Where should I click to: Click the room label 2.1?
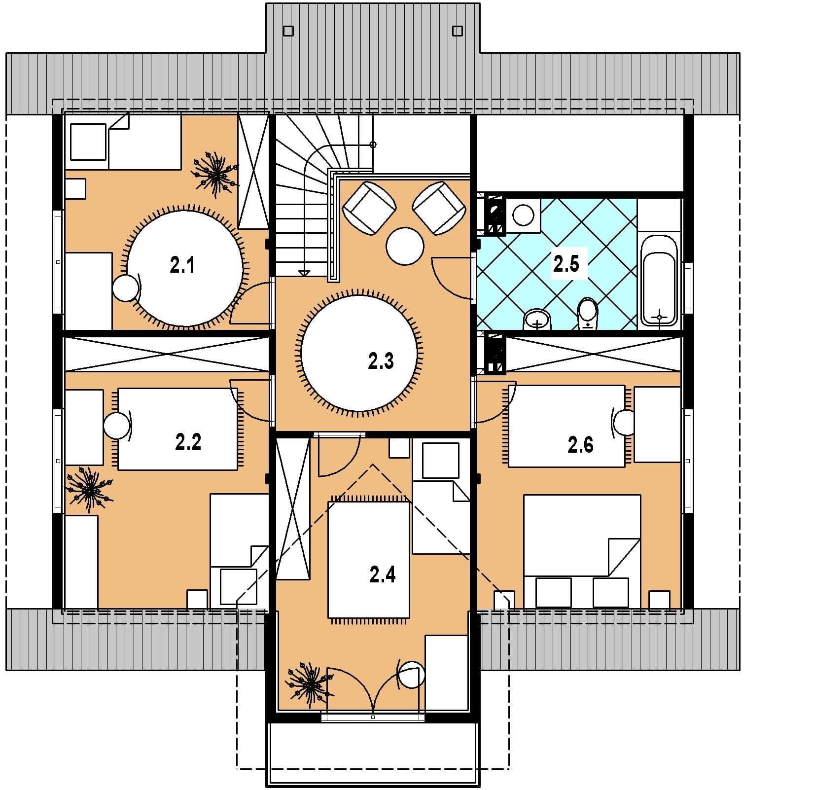tap(182, 265)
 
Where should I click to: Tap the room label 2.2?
tap(188, 442)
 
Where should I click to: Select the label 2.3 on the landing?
tap(381, 361)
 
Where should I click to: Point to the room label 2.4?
tap(383, 575)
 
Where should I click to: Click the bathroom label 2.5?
tap(566, 264)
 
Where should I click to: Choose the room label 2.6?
tap(581, 445)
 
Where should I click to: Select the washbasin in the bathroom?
tap(537, 320)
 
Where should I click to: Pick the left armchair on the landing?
tap(370, 208)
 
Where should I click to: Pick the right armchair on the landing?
tap(439, 208)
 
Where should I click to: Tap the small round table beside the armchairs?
tap(405, 246)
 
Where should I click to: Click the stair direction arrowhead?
tap(304, 272)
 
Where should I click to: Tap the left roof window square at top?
tap(288, 31)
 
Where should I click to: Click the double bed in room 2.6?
tap(582, 551)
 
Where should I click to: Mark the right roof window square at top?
tap(458, 31)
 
